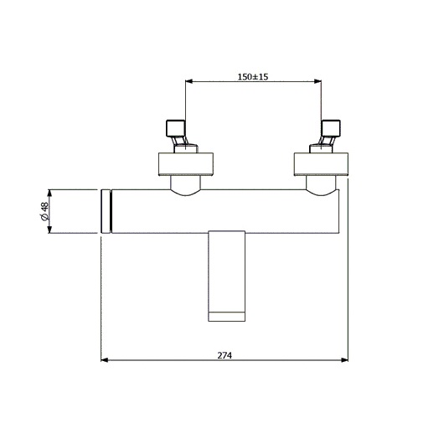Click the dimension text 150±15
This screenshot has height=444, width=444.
point(253,75)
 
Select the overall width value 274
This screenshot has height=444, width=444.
point(225,354)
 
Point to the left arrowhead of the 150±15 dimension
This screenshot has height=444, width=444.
point(188,82)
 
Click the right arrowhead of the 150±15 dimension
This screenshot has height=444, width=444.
point(320,82)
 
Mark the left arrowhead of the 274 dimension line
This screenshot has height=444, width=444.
point(104,361)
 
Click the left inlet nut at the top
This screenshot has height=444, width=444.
point(177,128)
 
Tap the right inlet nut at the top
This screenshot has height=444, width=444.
point(330,128)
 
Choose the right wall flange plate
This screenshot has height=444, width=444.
point(321,164)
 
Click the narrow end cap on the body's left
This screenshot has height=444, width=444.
point(106,211)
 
